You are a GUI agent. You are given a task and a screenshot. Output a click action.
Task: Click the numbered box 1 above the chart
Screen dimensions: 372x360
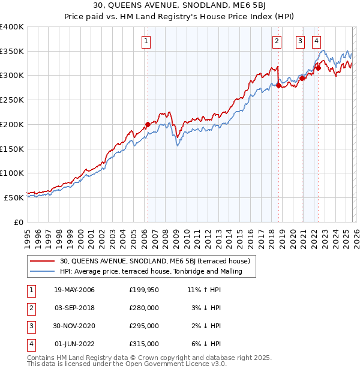[x=147, y=41]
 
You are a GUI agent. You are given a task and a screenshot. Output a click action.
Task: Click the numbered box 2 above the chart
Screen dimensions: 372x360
[x=277, y=41]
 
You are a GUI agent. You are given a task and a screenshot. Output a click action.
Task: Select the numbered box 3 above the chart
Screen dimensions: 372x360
[x=300, y=41]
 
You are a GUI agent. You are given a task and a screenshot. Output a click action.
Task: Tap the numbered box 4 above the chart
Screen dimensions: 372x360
[x=316, y=41]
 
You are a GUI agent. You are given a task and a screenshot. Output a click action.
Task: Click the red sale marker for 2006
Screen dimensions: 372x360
[x=148, y=125]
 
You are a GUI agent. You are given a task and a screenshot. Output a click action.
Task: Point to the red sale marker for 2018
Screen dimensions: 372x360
[x=278, y=86]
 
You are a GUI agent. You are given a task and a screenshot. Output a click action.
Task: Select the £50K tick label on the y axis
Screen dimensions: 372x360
[x=14, y=197]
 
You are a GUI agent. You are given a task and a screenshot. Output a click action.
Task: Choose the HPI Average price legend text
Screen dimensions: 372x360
[x=151, y=272]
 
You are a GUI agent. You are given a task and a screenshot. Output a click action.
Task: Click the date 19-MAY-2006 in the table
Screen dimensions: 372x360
[x=74, y=290]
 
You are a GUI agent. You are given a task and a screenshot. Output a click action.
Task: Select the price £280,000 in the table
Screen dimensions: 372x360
[x=144, y=308]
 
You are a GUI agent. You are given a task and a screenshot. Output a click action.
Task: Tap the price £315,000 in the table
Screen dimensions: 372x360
[x=144, y=344]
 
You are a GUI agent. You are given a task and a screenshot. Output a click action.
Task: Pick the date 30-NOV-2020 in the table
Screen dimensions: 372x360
[x=74, y=326]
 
